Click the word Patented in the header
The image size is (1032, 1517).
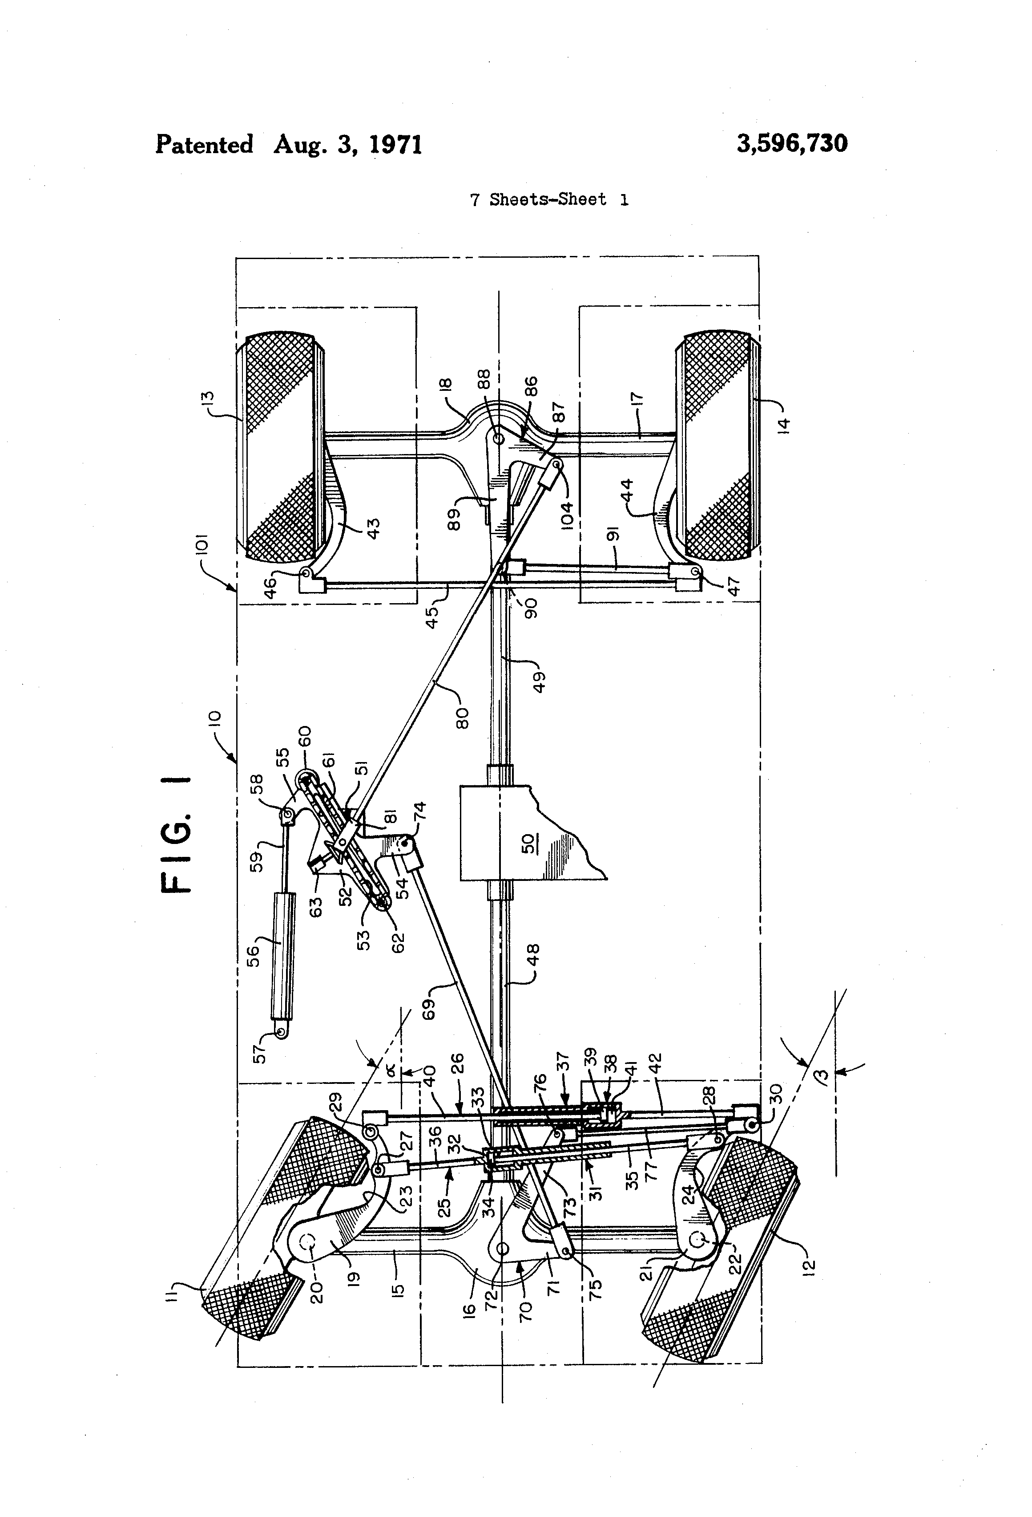(204, 144)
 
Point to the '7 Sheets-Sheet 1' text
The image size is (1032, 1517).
(549, 200)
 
